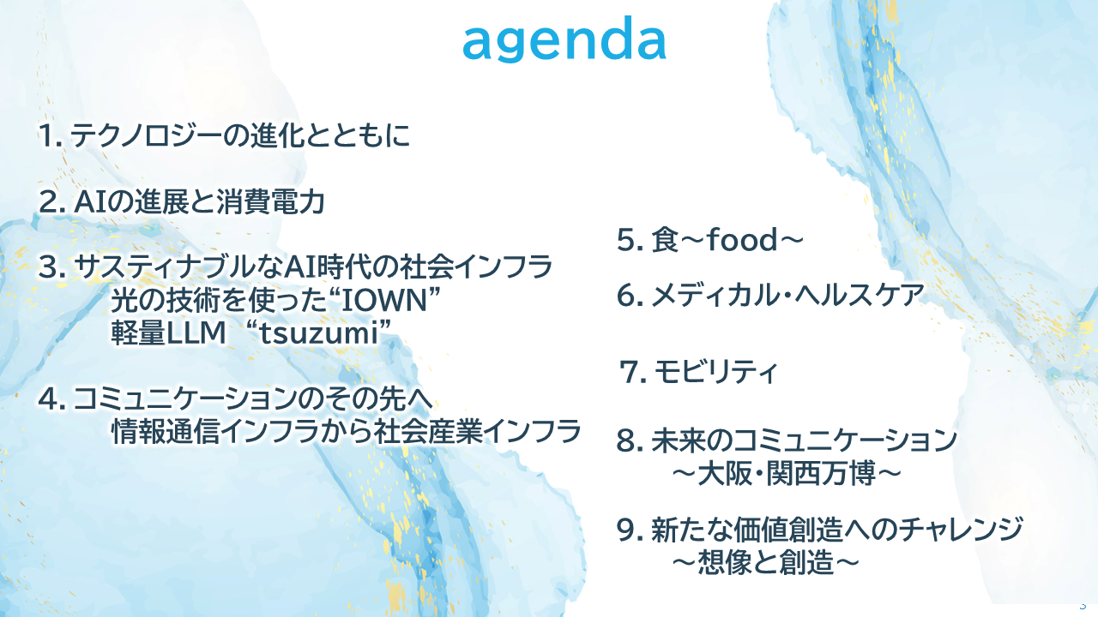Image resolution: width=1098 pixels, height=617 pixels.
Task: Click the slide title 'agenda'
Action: click(564, 39)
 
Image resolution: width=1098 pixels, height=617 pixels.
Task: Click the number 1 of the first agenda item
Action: click(47, 135)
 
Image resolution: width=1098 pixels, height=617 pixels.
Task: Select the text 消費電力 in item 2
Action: click(270, 201)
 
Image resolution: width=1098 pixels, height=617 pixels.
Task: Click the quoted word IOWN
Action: click(385, 300)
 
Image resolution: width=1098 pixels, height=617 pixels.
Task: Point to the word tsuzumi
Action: click(318, 333)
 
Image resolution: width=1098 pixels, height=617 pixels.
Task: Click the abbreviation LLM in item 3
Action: click(196, 333)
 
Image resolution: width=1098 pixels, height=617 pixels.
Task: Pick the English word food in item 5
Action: click(742, 239)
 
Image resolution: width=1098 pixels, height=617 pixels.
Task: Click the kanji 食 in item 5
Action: click(665, 240)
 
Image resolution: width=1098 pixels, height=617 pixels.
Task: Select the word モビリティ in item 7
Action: click(715, 371)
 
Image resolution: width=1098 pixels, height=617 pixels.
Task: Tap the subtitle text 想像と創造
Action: click(766, 562)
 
